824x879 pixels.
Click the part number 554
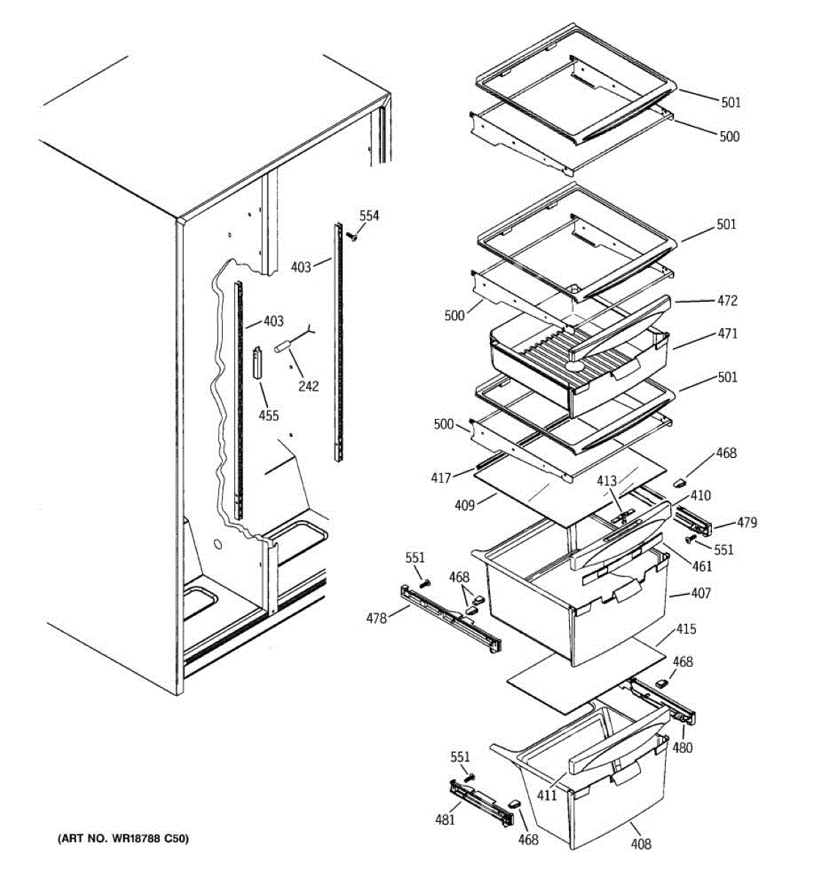click(369, 215)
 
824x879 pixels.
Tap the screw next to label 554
click(352, 236)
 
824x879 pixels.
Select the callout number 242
click(308, 385)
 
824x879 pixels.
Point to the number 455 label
click(269, 415)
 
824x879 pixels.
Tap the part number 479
click(746, 522)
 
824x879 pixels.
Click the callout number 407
click(700, 593)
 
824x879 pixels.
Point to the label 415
click(686, 628)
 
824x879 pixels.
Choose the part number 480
click(683, 747)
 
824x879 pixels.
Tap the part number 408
click(640, 844)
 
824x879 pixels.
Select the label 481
click(445, 819)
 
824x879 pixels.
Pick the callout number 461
click(701, 565)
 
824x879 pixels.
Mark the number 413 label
click(606, 481)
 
